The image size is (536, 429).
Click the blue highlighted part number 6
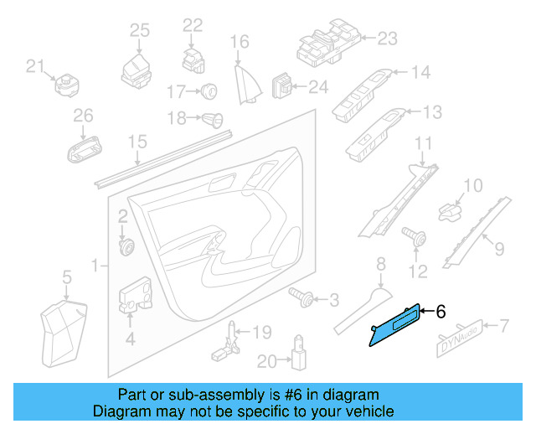397,323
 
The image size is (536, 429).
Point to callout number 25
139,31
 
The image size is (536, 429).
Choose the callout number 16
240,41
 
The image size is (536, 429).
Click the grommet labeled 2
128,247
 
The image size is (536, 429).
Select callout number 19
262,333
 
